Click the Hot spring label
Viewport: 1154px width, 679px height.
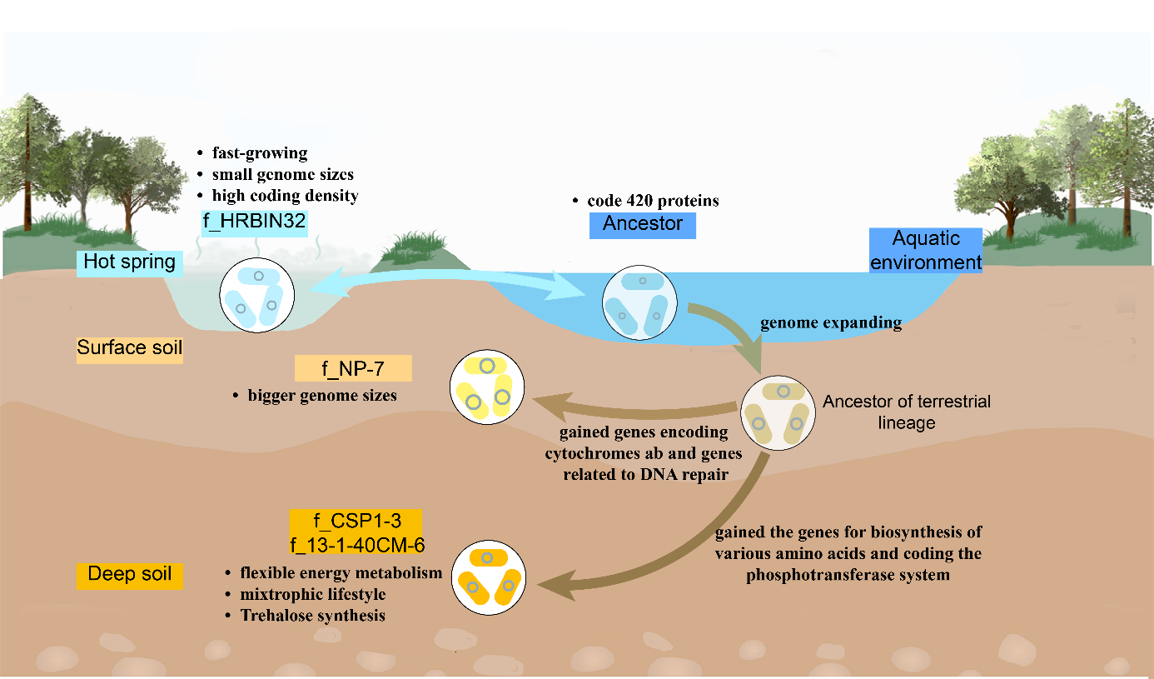point(130,262)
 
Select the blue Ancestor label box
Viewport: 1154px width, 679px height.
point(642,224)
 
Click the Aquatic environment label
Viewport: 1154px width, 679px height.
point(926,250)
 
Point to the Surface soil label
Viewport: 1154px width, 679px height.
point(129,347)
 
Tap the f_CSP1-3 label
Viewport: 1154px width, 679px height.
point(356,522)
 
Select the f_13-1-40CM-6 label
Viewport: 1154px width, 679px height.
point(356,543)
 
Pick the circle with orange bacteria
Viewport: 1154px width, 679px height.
point(487,578)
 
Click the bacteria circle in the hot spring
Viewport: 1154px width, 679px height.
point(256,296)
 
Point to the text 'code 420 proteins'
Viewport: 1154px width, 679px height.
point(653,201)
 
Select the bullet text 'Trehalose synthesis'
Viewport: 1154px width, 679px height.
point(312,616)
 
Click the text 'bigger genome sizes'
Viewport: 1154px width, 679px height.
point(321,395)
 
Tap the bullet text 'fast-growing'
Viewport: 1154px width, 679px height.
point(259,153)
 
